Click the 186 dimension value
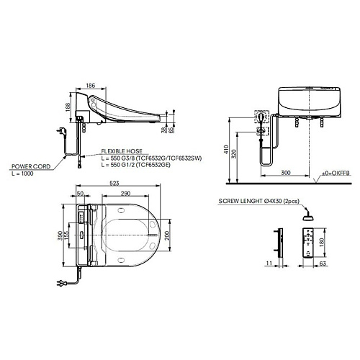(91, 85)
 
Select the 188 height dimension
(68, 107)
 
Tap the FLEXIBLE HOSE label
(122, 151)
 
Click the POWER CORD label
(31, 166)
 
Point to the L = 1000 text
(22, 174)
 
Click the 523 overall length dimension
(114, 183)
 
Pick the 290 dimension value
(125, 193)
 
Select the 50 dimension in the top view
(80, 194)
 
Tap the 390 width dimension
(60, 235)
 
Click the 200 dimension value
(167, 235)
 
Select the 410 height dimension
(226, 150)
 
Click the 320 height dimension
(235, 154)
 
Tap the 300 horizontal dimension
(286, 173)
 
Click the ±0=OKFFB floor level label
(336, 173)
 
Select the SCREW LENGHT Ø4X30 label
(259, 201)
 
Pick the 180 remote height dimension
(322, 243)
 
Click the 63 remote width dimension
(323, 264)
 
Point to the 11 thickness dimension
(269, 264)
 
